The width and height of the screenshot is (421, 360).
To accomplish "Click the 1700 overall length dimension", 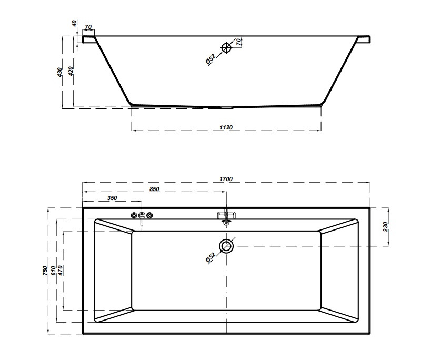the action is (226, 179).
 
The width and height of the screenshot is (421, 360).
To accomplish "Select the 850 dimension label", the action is (154, 189).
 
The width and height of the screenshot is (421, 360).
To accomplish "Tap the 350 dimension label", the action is (112, 198).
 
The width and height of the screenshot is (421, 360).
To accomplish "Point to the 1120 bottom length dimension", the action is (226, 127).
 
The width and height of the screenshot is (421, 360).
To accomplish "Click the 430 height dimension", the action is (59, 72).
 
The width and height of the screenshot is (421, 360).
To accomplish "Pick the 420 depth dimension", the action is (71, 71).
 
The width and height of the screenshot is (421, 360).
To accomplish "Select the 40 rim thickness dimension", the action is (74, 23).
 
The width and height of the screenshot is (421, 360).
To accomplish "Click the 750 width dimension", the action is (45, 271).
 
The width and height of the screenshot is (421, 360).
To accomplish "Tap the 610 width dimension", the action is (53, 271).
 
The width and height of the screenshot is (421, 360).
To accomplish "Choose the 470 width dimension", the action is (60, 271).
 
